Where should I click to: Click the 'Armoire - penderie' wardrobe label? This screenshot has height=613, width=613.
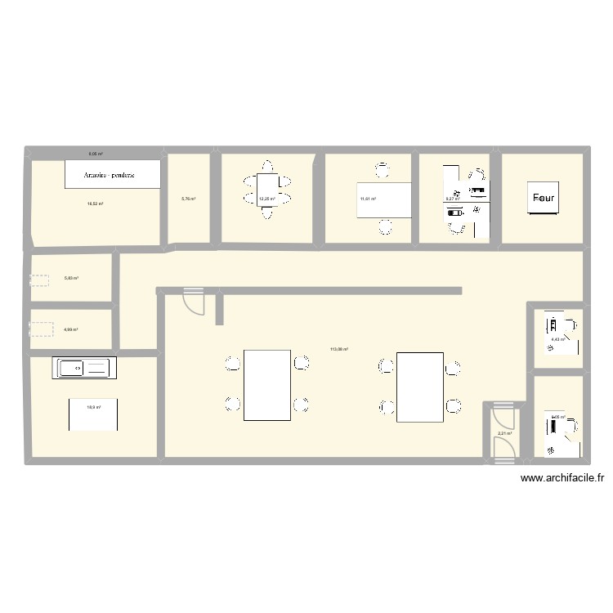[111, 174]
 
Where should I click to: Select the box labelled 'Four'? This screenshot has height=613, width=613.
[544, 198]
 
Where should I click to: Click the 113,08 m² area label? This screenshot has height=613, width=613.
[339, 350]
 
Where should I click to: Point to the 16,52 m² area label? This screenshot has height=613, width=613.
[95, 204]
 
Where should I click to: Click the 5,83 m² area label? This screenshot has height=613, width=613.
[71, 278]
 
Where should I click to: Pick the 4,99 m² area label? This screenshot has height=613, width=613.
[70, 329]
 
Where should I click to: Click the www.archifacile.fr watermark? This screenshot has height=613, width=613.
[562, 480]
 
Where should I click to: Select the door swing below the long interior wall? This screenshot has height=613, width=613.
[194, 302]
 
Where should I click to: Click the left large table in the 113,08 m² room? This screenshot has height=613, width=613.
[267, 385]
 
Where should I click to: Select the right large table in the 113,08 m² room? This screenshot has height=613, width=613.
[420, 387]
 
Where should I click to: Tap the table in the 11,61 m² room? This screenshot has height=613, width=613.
[383, 200]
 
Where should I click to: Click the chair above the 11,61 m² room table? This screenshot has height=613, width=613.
[383, 171]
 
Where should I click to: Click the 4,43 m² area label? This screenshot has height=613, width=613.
[557, 339]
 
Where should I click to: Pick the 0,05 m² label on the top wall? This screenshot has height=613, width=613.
[96, 153]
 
